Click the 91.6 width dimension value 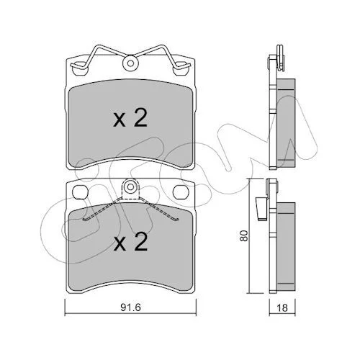point(130,307)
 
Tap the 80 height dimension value point(243,235)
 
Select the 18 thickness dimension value point(282,307)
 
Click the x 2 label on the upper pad point(130,117)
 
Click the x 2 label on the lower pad point(130,241)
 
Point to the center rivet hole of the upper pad point(130,63)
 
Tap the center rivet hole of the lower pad point(130,186)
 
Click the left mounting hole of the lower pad point(80,192)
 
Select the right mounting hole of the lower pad point(181,192)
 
